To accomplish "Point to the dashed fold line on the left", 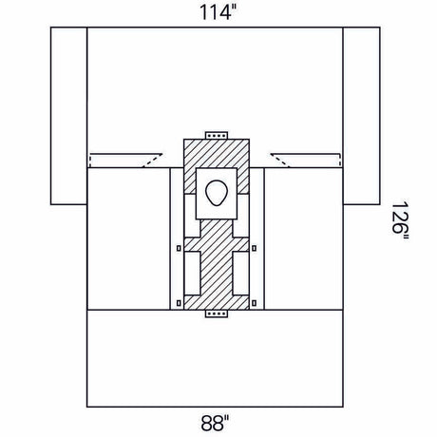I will pos(122,160).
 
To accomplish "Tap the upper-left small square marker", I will pos(179,250).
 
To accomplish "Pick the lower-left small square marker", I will pos(179,303).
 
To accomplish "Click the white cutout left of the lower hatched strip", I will pos(193,275).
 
